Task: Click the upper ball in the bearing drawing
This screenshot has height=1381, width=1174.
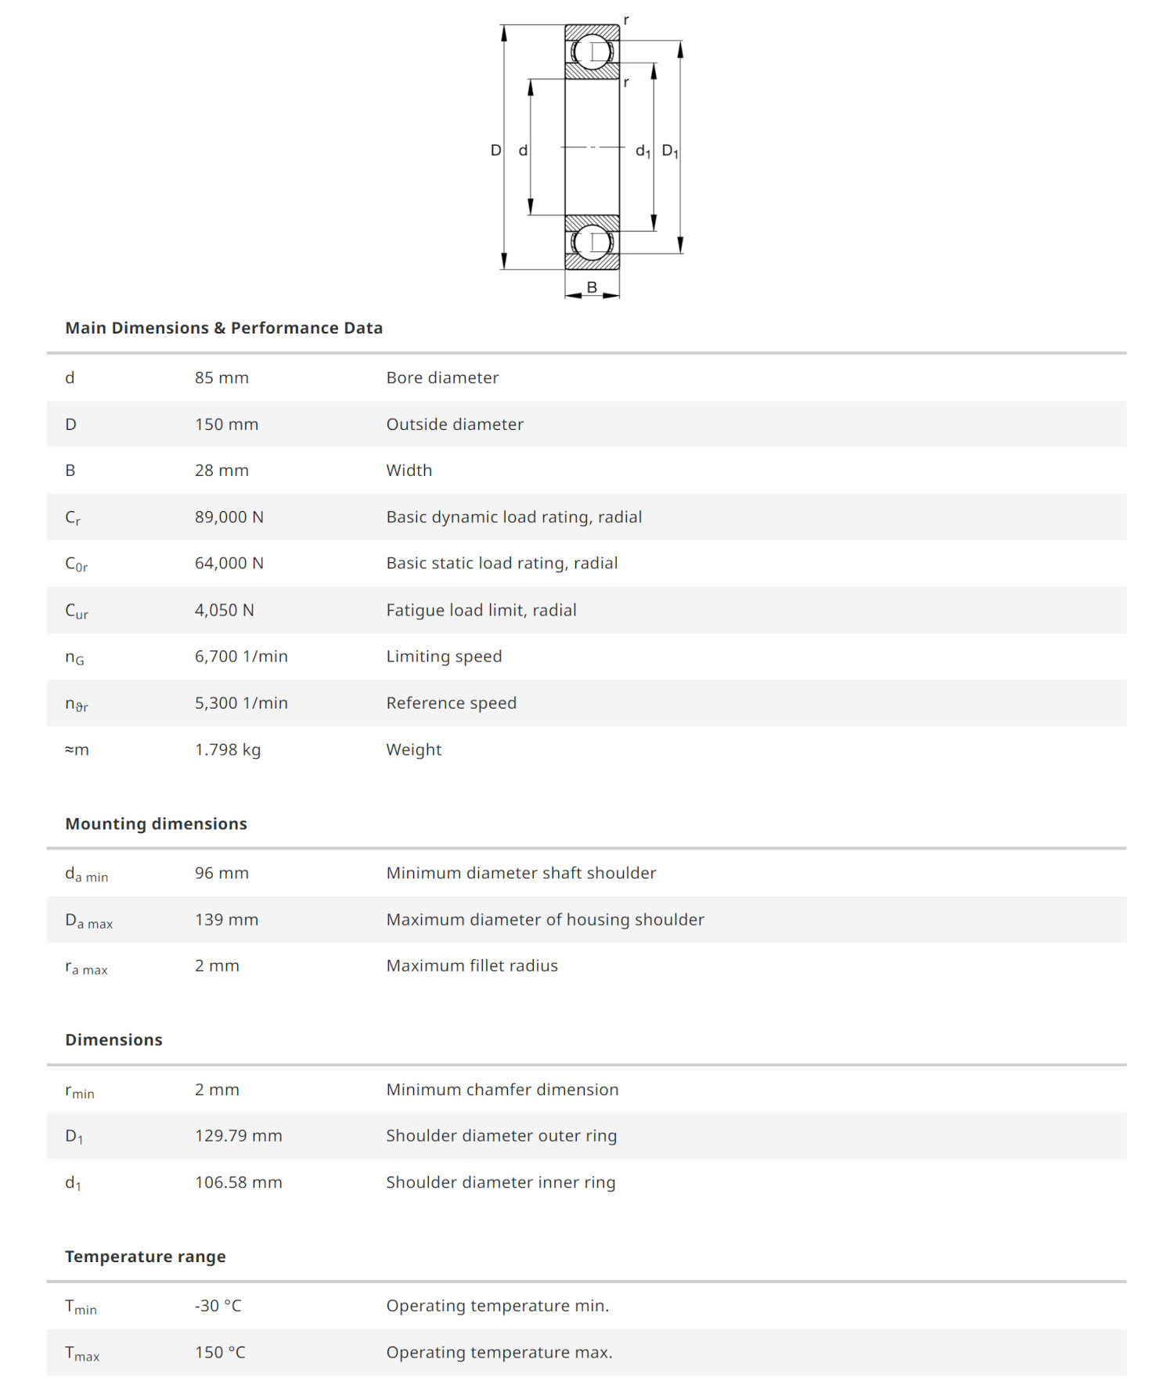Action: coord(592,52)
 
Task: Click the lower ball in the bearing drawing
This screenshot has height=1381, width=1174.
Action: coord(592,243)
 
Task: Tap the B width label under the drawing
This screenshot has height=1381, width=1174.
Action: coord(592,287)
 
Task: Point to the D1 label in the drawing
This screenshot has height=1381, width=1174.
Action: coord(670,150)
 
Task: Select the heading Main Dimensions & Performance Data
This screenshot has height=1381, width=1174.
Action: coord(224,328)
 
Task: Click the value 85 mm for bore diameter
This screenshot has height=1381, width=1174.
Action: coord(221,377)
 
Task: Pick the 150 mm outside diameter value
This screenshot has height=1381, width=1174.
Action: coord(226,424)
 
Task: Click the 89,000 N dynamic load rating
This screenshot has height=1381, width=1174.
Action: coord(229,517)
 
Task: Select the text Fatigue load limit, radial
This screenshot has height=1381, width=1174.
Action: coord(481,610)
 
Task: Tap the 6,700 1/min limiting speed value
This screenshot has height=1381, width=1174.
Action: coord(241,656)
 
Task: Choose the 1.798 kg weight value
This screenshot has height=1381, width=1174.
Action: coord(228,749)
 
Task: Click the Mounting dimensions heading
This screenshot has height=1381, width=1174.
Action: coord(156,824)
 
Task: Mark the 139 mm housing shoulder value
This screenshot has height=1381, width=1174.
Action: coord(226,919)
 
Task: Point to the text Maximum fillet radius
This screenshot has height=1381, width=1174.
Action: coord(472,965)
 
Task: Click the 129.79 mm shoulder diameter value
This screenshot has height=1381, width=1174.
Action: coord(238,1135)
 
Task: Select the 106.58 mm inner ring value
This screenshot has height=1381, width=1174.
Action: coord(238,1182)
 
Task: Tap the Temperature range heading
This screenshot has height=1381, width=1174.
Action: coord(146,1257)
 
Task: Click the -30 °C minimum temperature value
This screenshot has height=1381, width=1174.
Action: coord(218,1306)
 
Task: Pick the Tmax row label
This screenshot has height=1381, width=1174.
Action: coord(82,1353)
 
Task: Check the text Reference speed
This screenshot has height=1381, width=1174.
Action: coord(452,703)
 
